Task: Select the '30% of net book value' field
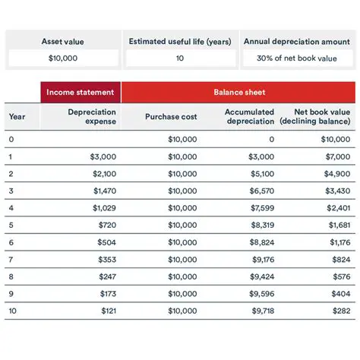coord(297,58)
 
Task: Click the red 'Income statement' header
coord(81,93)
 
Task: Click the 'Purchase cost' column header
coord(171,117)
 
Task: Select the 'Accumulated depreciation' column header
coord(250,117)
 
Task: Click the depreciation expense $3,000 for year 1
coord(103,156)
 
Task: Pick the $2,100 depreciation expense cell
coord(103,174)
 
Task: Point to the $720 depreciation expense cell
coord(107,226)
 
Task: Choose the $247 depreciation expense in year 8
coord(107,277)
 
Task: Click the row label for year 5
coord(11,226)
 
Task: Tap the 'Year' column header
coord(17,117)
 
